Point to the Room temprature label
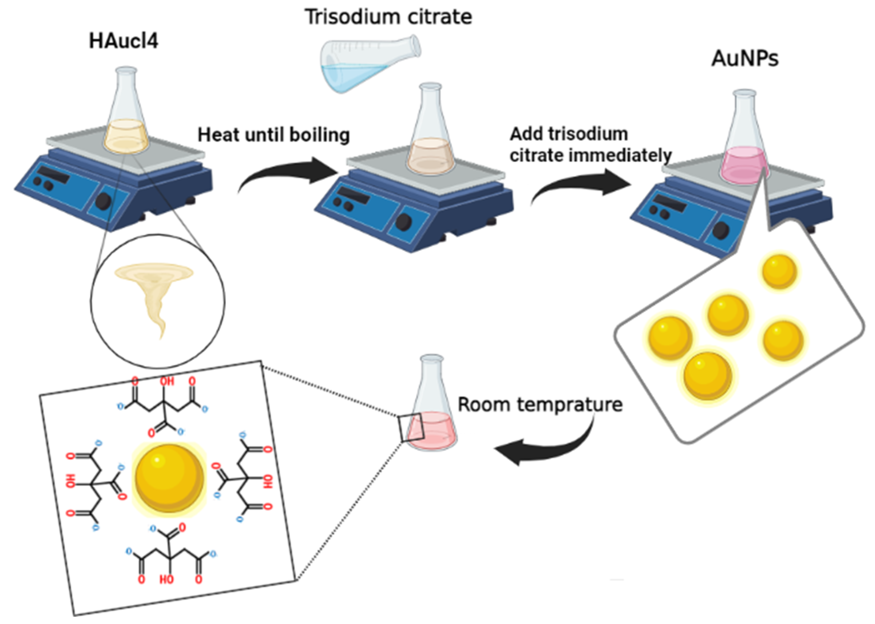540,405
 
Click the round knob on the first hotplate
103,201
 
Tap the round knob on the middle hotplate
404,222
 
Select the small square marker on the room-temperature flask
410,428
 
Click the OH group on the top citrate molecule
167,381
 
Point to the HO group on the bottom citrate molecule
166,579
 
